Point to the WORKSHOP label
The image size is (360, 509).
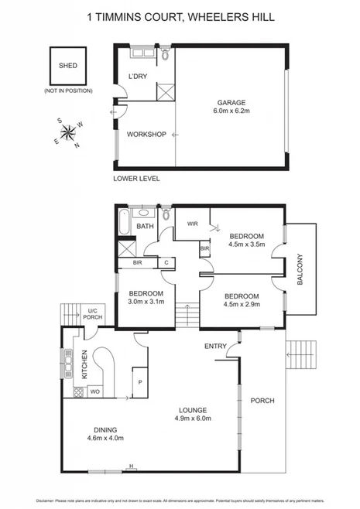pyautogui.click(x=147, y=135)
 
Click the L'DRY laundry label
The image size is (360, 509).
pyautogui.click(x=138, y=77)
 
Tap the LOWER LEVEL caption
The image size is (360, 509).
pyautogui.click(x=136, y=179)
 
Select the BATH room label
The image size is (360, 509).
pyautogui.click(x=145, y=227)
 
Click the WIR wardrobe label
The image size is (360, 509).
pyautogui.click(x=193, y=224)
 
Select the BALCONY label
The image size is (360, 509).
pyautogui.click(x=303, y=270)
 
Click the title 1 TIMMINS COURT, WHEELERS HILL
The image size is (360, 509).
pyautogui.click(x=180, y=16)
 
